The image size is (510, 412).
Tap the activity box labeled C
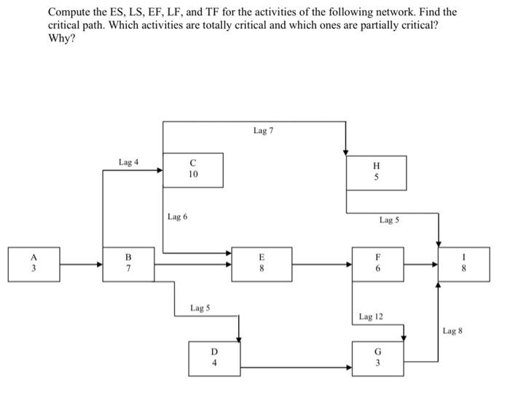(x=192, y=170)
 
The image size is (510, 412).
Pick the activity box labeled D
(x=214, y=358)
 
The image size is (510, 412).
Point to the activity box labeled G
(x=377, y=358)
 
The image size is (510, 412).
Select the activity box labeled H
(x=377, y=173)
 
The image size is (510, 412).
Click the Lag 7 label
(x=263, y=130)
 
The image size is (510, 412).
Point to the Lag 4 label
(x=128, y=162)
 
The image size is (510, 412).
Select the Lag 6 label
(x=177, y=216)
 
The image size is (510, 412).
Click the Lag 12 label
(x=371, y=317)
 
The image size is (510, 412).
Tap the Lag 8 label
(x=452, y=331)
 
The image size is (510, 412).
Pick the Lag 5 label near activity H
(x=390, y=219)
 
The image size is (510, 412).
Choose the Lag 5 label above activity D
(x=200, y=308)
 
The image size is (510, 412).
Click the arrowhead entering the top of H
(x=346, y=151)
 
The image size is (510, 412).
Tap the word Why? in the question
(x=60, y=38)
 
